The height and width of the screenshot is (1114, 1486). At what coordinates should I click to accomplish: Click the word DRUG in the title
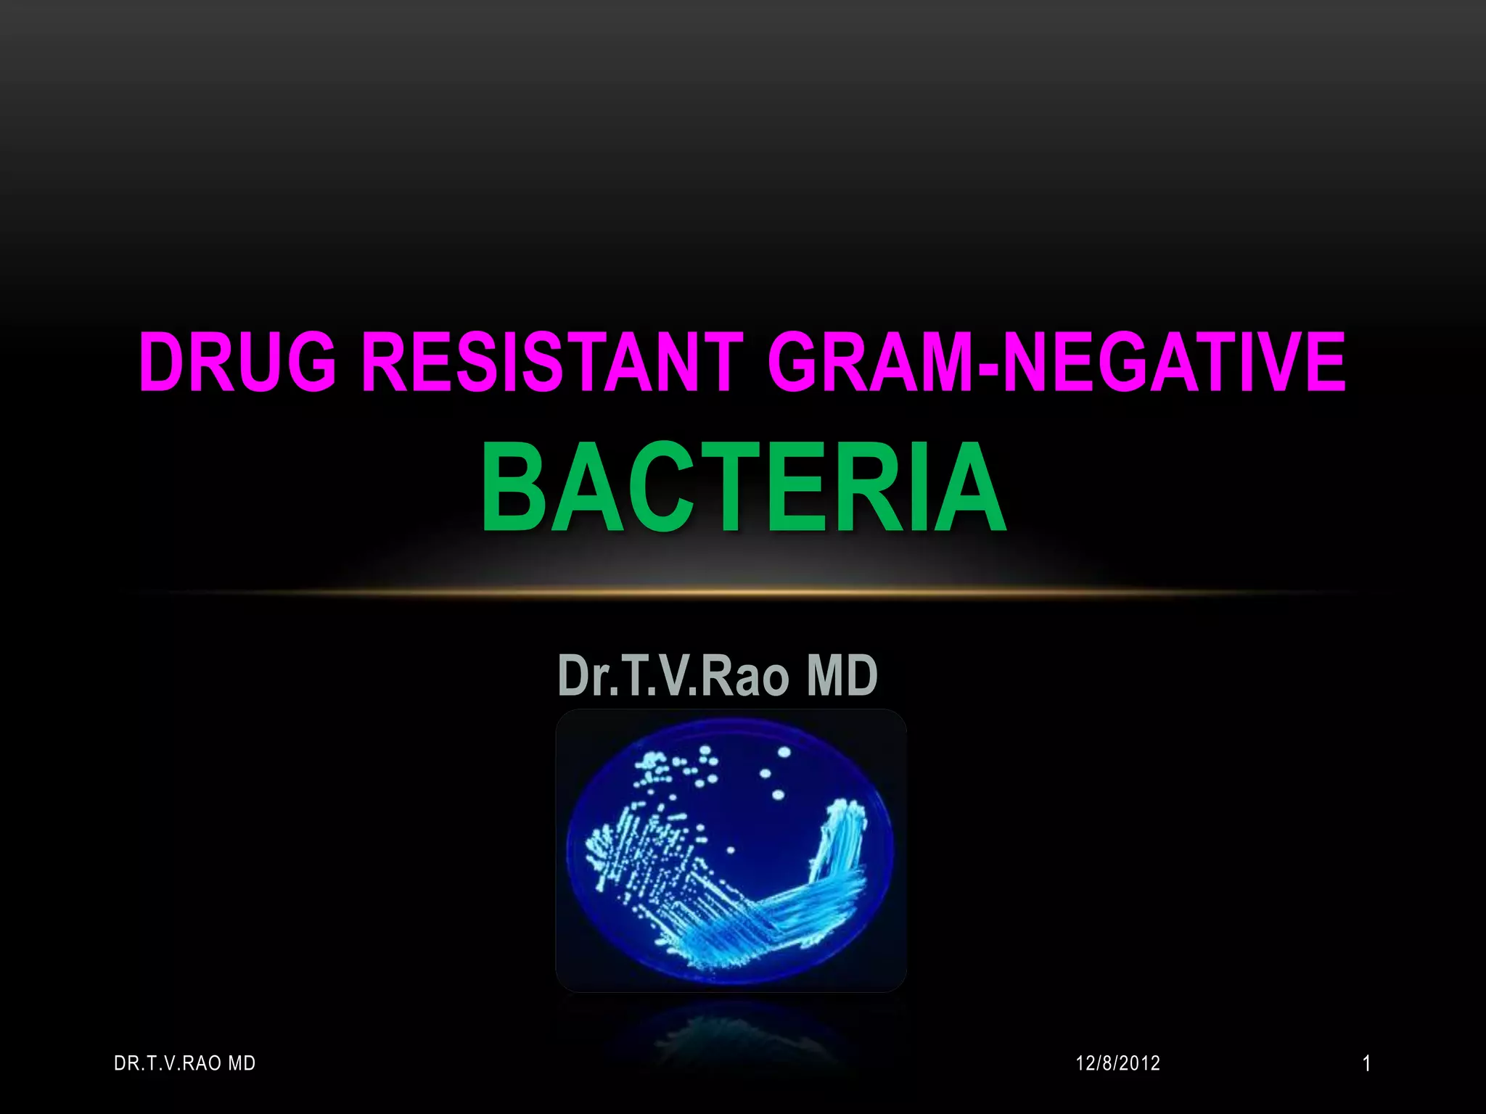[237, 361]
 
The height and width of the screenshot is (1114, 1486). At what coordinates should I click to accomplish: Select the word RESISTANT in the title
[552, 361]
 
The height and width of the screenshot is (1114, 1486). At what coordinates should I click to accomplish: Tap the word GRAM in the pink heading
[871, 361]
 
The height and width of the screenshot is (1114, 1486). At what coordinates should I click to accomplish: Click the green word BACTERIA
[743, 488]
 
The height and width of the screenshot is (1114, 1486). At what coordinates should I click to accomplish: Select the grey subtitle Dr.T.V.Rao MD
[718, 675]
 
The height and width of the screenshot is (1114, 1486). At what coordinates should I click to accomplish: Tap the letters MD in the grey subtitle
[842, 675]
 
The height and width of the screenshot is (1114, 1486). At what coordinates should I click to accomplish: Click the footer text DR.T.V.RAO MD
[185, 1063]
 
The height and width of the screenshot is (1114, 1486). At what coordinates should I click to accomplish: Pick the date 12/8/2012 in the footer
[1117, 1063]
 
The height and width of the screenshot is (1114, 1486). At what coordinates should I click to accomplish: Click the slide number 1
[1366, 1064]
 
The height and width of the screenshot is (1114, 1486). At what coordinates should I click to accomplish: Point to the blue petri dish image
[731, 850]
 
